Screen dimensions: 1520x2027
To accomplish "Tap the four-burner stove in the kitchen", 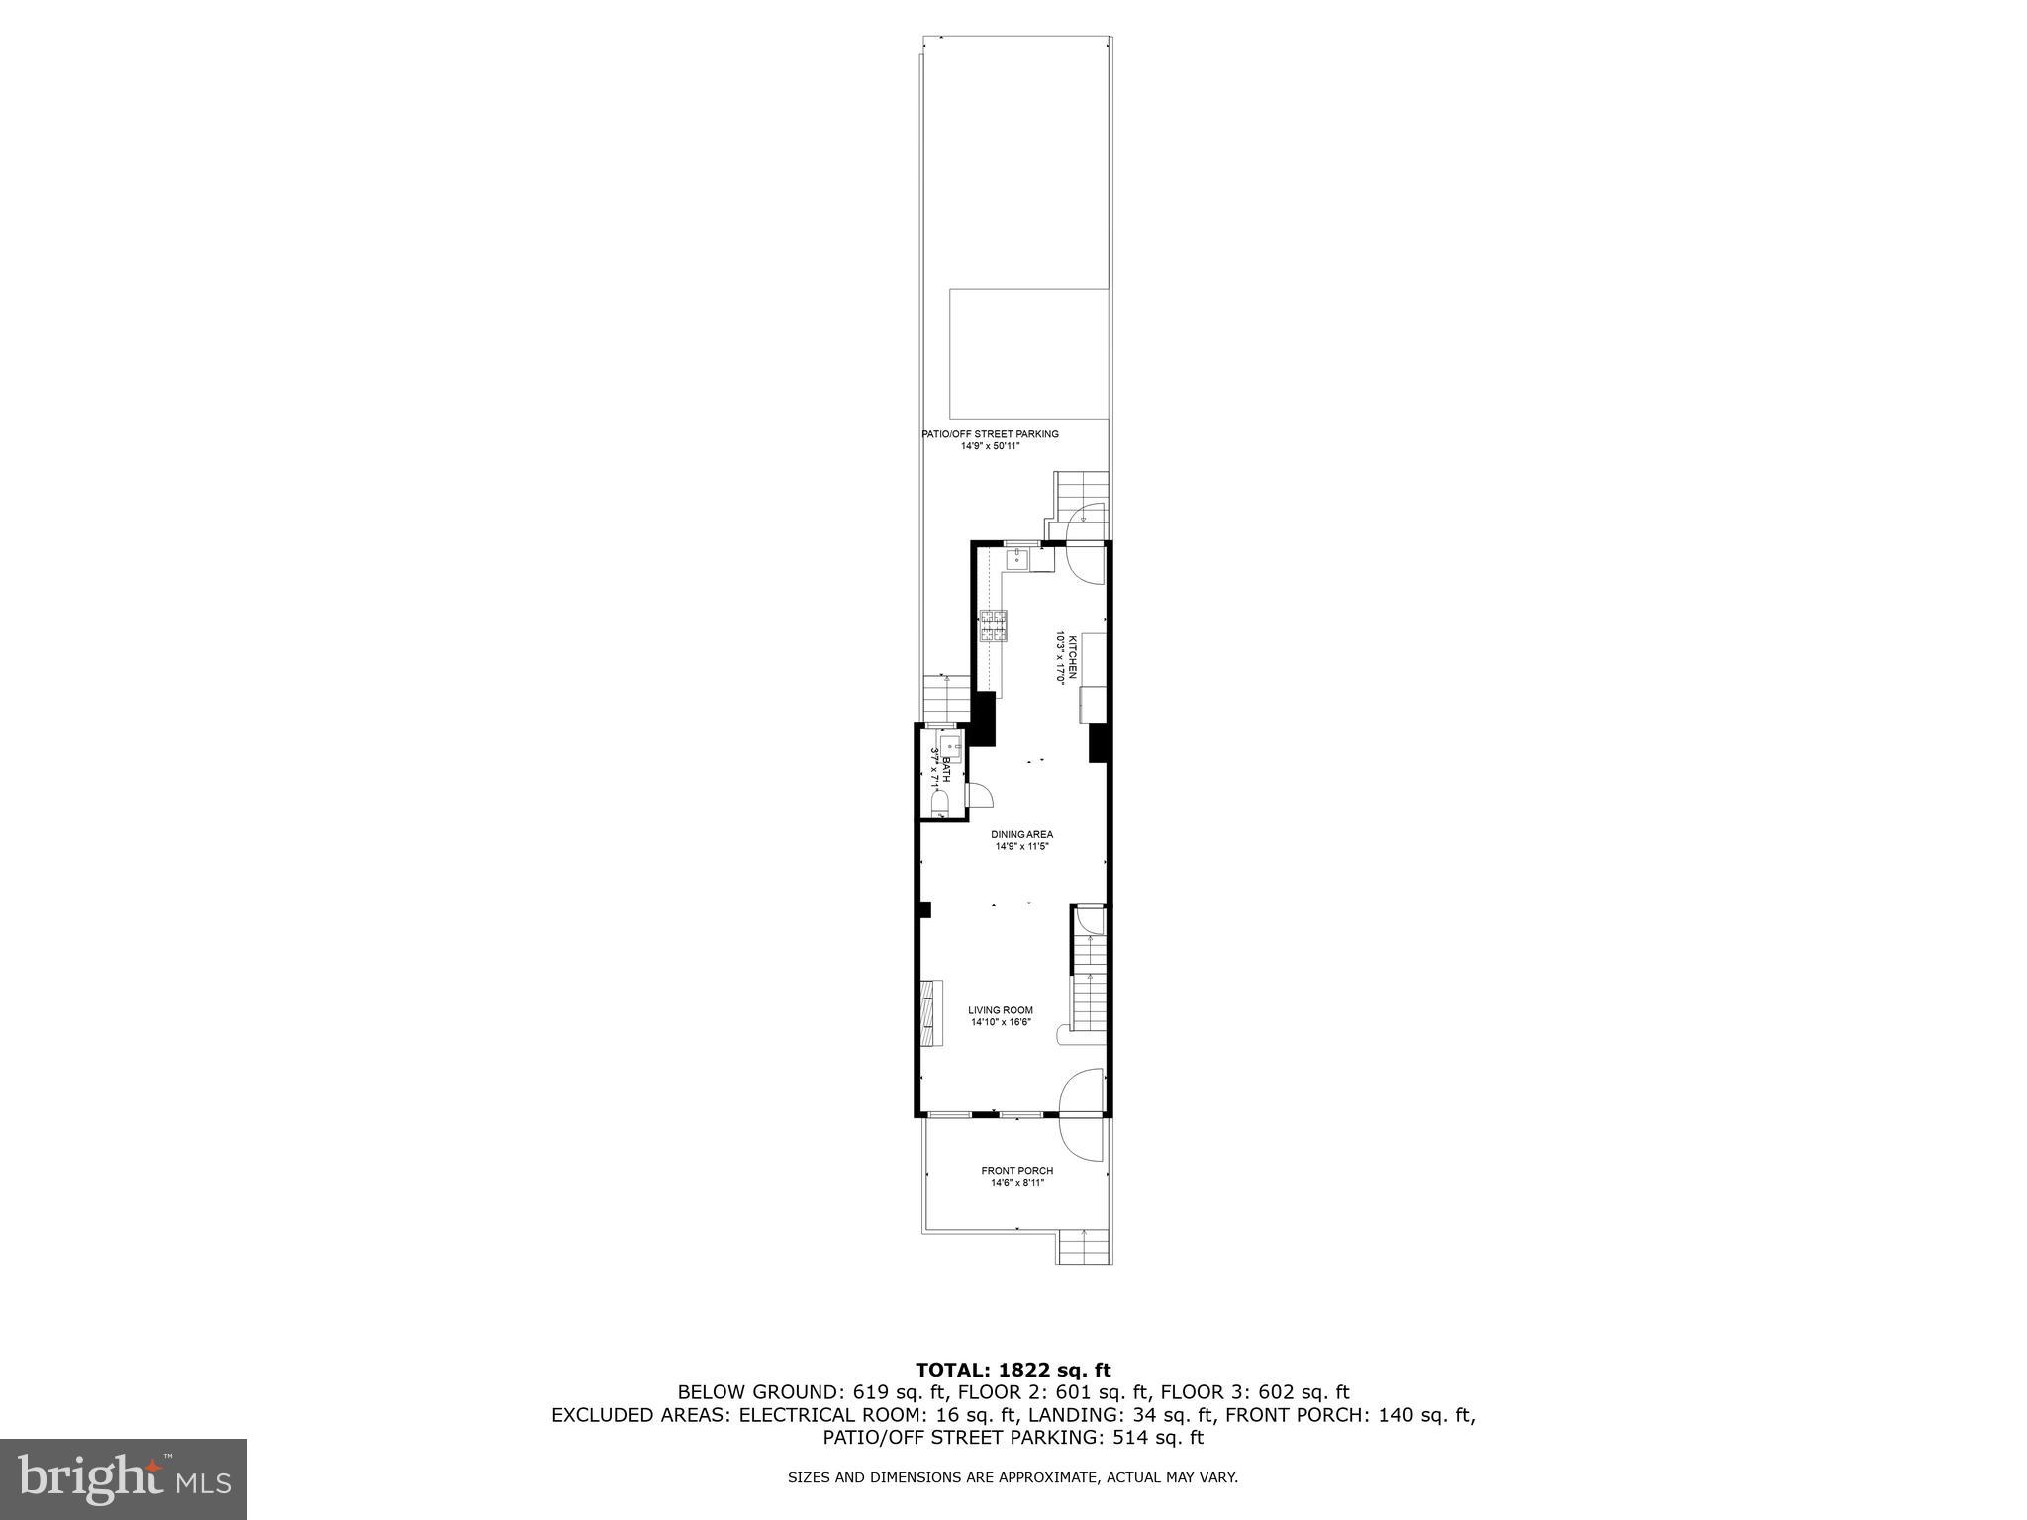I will pyautogui.click(x=994, y=626).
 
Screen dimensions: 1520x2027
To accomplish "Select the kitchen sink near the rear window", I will pyautogui.click(x=1016, y=560).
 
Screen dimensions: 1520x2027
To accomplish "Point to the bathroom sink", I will pyautogui.click(x=949, y=746).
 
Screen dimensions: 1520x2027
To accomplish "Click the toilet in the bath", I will pyautogui.click(x=940, y=801).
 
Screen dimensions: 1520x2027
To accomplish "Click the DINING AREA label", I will pyautogui.click(x=1021, y=834).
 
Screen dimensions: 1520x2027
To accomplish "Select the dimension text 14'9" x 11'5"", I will pyautogui.click(x=1021, y=847).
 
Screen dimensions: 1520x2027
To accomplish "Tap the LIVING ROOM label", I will pyautogui.click(x=1001, y=1010).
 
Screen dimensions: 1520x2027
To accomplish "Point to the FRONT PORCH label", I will pyautogui.click(x=1016, y=1171).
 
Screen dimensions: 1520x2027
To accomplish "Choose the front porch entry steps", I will pyautogui.click(x=1084, y=1246).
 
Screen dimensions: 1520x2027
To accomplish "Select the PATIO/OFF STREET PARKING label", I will pyautogui.click(x=990, y=434).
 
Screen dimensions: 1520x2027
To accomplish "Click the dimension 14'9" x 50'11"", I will pyautogui.click(x=990, y=446).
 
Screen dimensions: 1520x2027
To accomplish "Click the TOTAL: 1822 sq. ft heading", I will pyautogui.click(x=1013, y=1371).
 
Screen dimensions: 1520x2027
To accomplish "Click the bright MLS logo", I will pyautogui.click(x=124, y=1478).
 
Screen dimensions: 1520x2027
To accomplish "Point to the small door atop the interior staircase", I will pyautogui.click(x=1090, y=921).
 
